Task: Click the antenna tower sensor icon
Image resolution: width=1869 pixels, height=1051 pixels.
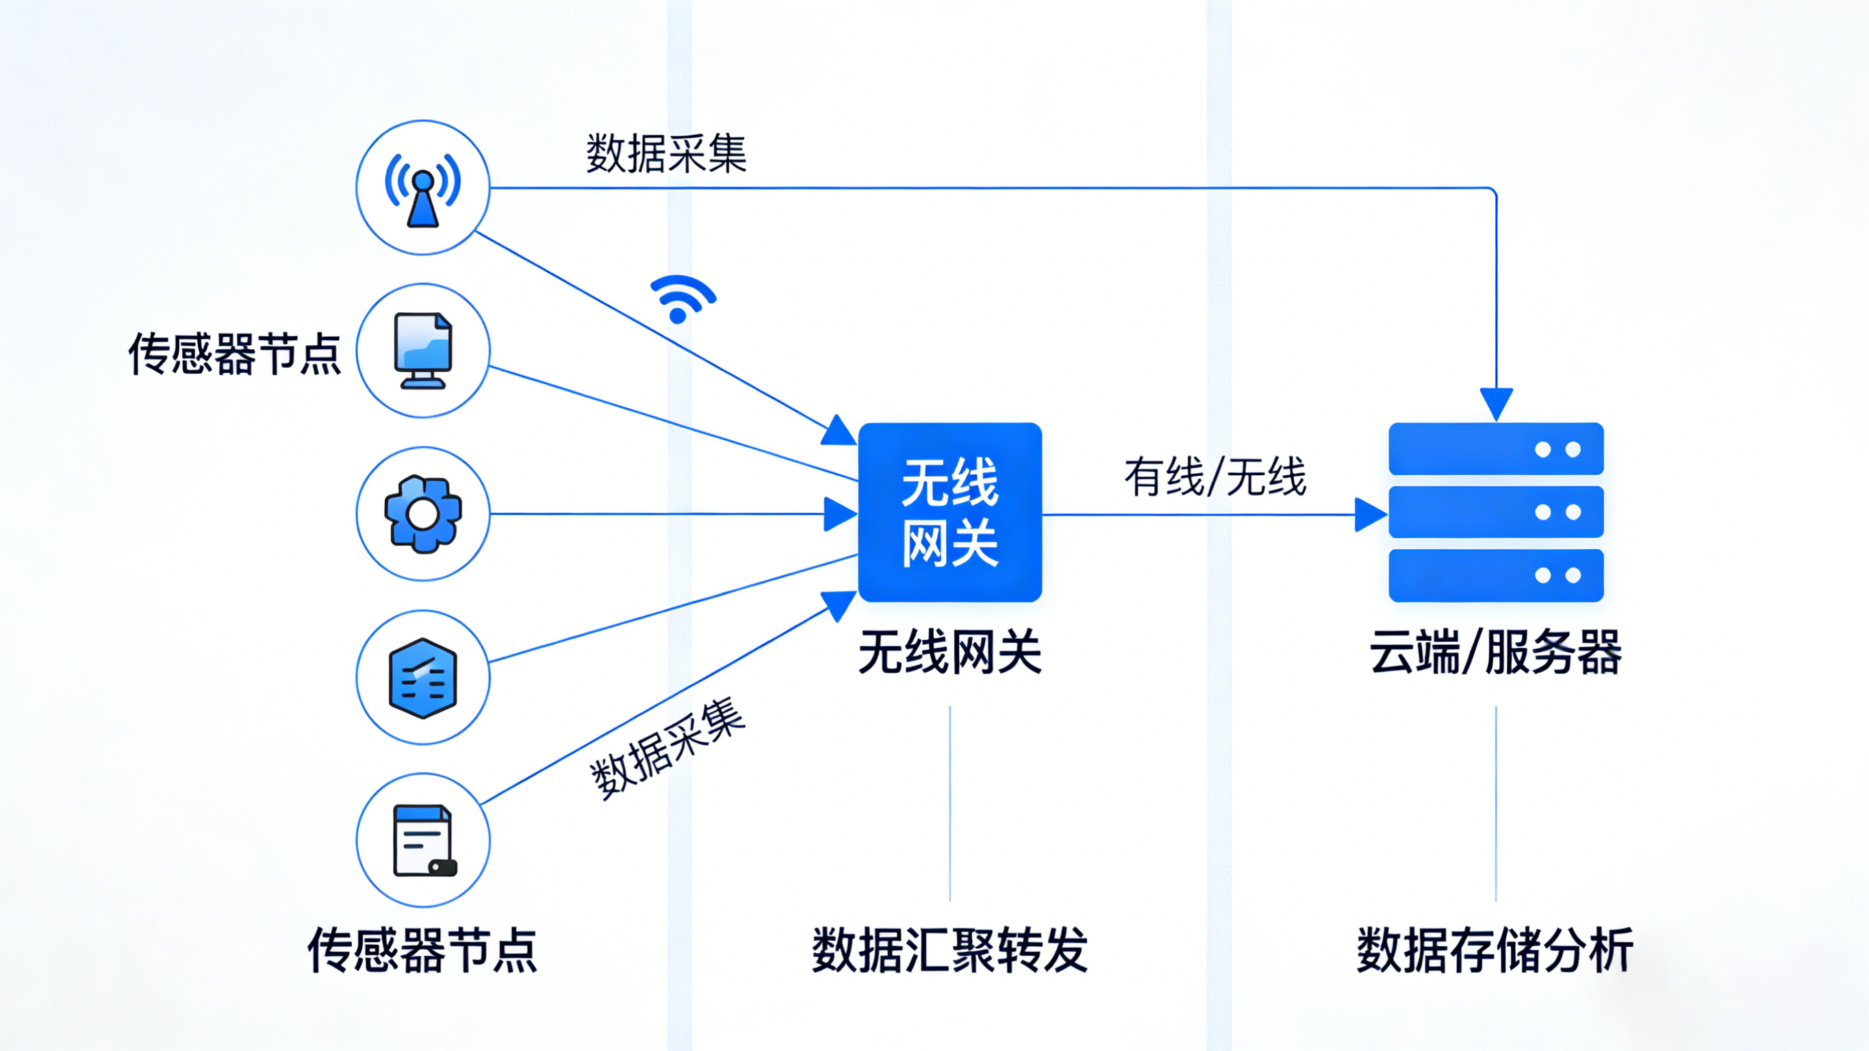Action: pos(423,188)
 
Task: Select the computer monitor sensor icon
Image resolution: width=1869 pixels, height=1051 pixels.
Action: pos(423,351)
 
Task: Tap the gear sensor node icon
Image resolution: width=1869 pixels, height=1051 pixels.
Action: pos(423,514)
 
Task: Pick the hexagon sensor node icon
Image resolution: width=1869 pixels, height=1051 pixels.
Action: pos(423,678)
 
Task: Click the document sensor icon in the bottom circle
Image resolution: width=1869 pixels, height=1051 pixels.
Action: pos(423,841)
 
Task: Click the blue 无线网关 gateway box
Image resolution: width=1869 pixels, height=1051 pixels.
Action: pos(950,512)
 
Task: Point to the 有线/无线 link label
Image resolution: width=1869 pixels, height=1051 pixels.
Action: pos(1215,477)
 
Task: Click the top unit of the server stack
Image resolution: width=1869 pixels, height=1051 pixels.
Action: pos(1495,449)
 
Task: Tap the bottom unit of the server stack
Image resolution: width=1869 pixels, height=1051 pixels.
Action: pos(1495,576)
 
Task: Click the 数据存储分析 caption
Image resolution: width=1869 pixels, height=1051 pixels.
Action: pos(1495,950)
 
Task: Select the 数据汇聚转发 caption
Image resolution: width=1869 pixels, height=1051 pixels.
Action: pos(950,950)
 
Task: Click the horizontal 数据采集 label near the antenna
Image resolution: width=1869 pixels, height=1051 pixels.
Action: pos(666,153)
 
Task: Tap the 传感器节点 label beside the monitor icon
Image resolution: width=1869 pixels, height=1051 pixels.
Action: pos(234,354)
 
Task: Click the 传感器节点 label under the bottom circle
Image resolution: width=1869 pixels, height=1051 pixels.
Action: pos(422,950)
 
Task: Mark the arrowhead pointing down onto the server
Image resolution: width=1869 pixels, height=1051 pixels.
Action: pos(1496,403)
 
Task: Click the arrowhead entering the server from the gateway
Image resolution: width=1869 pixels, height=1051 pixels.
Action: pos(1371,515)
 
